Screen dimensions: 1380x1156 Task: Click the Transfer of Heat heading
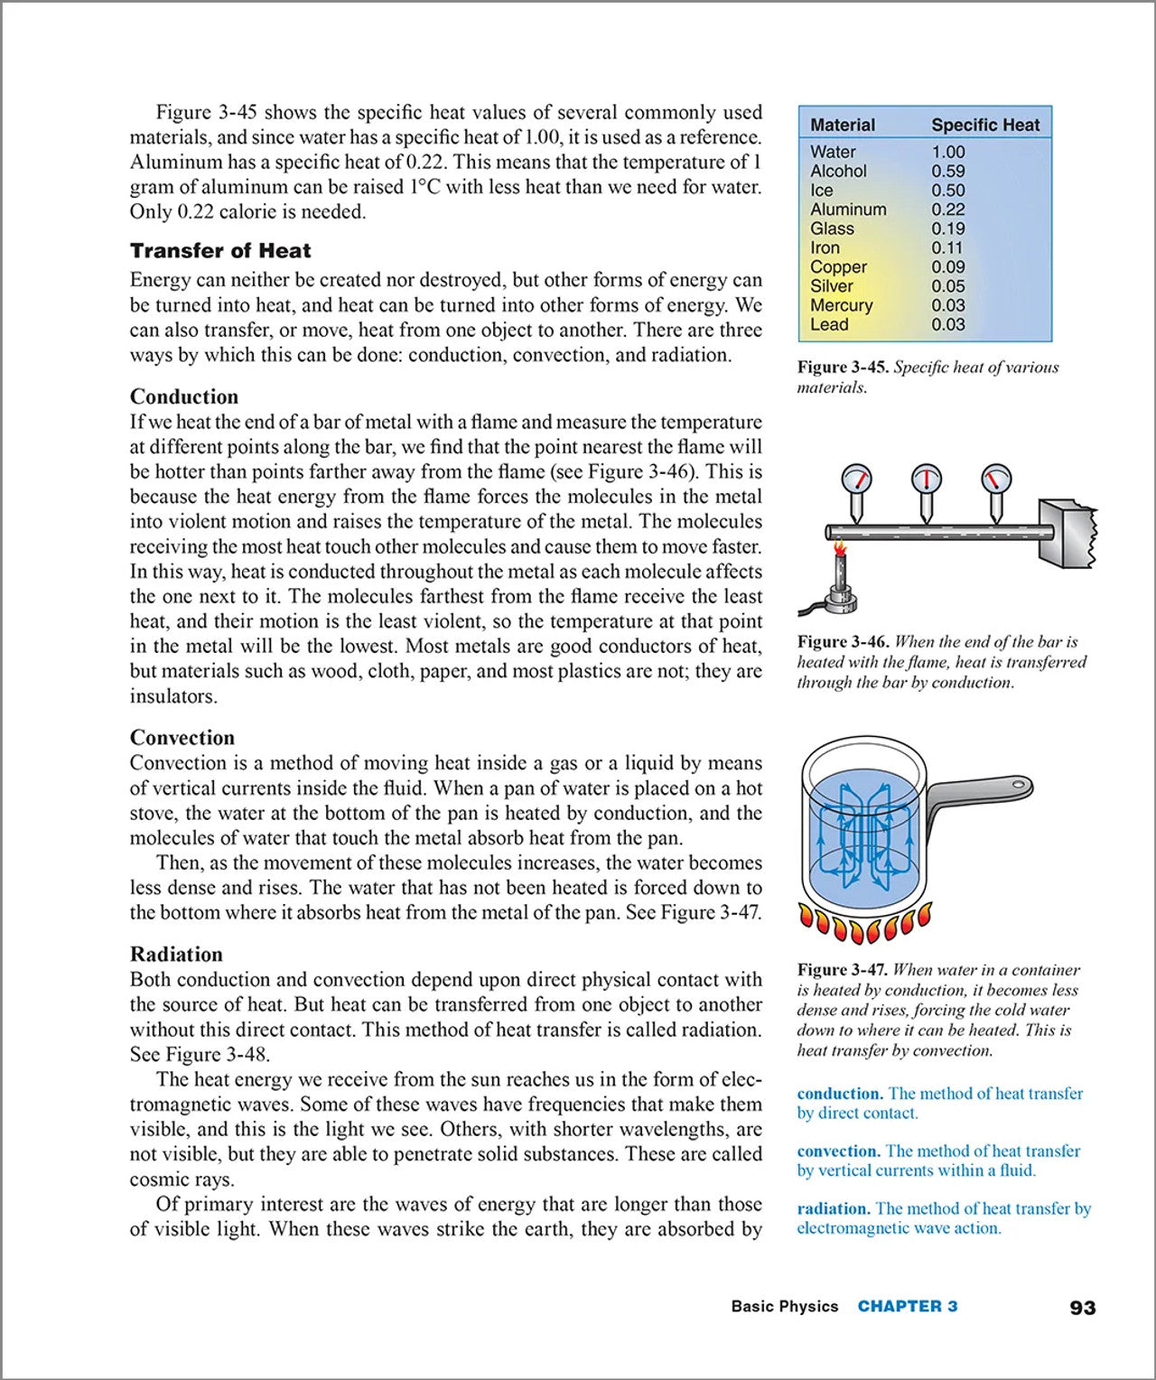[x=220, y=251]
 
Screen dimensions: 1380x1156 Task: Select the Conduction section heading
[x=184, y=396]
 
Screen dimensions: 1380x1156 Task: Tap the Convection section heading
[x=182, y=738]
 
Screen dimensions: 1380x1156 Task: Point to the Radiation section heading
[x=176, y=955]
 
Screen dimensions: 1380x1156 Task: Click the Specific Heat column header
[x=985, y=125]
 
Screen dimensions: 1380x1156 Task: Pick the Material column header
[x=843, y=125]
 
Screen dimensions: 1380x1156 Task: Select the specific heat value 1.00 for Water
[x=948, y=152]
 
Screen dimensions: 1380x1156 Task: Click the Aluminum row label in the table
[x=848, y=210]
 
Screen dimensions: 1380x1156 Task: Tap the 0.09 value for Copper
[x=948, y=267]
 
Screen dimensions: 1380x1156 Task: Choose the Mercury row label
[x=841, y=305]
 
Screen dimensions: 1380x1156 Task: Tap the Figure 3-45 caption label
[x=844, y=368]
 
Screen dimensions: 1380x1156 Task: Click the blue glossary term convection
[x=838, y=1152]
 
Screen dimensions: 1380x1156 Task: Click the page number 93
[x=1082, y=1308]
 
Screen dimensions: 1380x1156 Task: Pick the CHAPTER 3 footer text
[x=908, y=1307]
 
